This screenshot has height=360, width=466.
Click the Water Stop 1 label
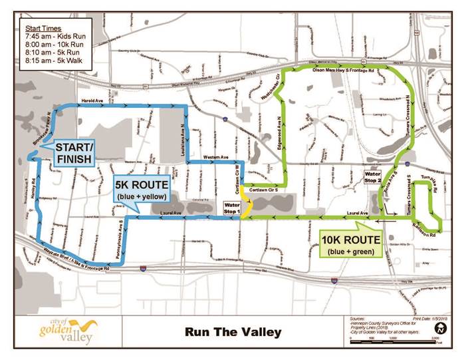[232, 208]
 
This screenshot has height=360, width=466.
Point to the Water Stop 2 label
[372, 176]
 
